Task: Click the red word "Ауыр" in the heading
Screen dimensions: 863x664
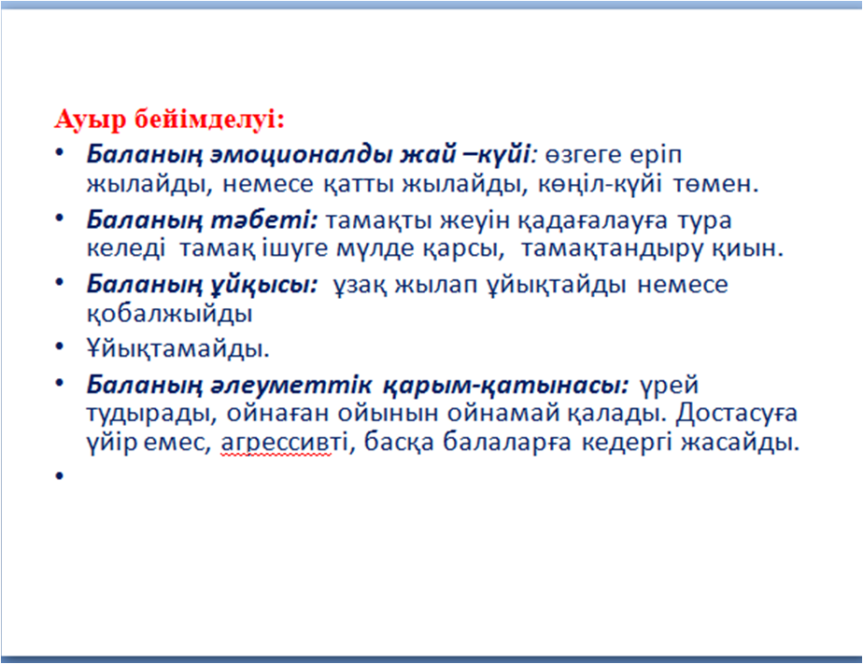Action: pyautogui.click(x=91, y=120)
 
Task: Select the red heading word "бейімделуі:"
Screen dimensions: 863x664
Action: pyautogui.click(x=210, y=119)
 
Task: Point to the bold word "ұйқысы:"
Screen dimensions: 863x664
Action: pyautogui.click(x=264, y=285)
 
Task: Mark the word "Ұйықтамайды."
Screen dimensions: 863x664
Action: pyautogui.click(x=178, y=347)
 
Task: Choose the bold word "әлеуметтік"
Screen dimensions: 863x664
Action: pyautogui.click(x=291, y=385)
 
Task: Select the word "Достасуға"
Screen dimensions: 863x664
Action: pyautogui.click(x=737, y=414)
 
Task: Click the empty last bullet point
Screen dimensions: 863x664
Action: pyautogui.click(x=60, y=475)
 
